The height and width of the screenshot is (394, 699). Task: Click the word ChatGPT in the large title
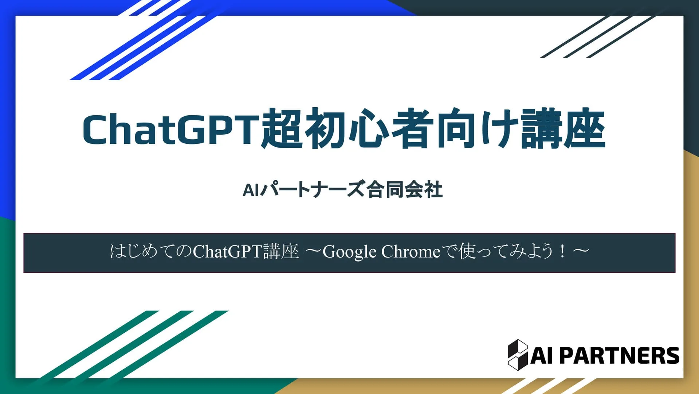click(x=171, y=129)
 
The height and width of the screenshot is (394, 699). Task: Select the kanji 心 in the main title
click(x=368, y=128)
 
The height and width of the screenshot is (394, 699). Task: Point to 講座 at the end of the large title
click(x=563, y=128)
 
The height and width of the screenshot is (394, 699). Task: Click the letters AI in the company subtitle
click(x=251, y=190)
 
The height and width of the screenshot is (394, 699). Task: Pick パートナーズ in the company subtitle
click(x=313, y=190)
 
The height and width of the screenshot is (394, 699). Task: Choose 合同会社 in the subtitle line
click(x=405, y=190)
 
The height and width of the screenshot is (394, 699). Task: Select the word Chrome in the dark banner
click(x=411, y=251)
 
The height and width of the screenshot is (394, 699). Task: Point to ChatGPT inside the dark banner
click(x=228, y=251)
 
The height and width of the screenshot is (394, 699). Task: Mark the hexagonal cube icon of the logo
click(x=518, y=355)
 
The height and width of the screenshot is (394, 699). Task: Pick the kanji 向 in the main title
click(x=455, y=128)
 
